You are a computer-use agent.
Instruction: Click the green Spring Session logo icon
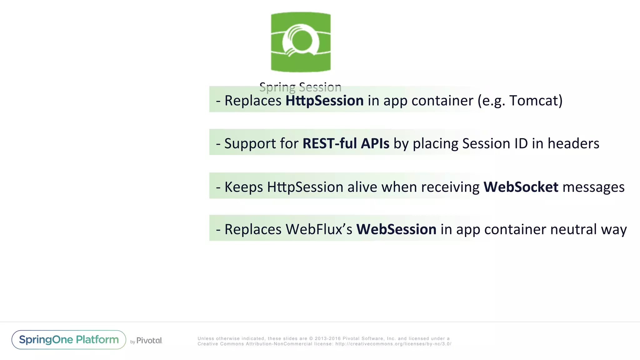coord(301,42)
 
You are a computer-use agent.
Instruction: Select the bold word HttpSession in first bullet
coord(324,101)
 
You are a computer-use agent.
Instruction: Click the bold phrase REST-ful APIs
coord(346,143)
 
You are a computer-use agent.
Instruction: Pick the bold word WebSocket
coord(521,187)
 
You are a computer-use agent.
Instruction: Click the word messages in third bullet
coord(593,187)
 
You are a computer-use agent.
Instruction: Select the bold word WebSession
coord(396,229)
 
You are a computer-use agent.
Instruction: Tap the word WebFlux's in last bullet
coord(319,229)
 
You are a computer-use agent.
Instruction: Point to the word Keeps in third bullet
coord(244,187)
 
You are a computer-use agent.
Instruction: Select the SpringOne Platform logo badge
coord(69,340)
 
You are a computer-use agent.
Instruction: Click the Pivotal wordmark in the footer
coord(149,341)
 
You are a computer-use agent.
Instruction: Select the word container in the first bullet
coord(442,101)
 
